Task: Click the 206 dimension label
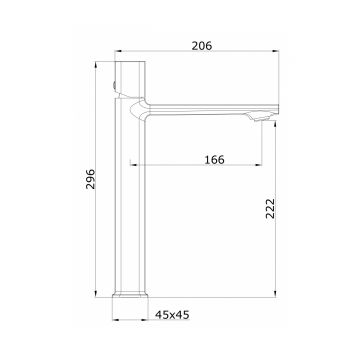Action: click(x=202, y=46)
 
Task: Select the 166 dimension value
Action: click(x=214, y=160)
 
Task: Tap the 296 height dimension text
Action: click(x=90, y=179)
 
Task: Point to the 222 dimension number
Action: click(x=270, y=208)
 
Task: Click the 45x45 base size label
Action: click(x=172, y=315)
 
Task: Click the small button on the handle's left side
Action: click(x=114, y=86)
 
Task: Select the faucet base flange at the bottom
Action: click(x=130, y=295)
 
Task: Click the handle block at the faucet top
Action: click(x=130, y=79)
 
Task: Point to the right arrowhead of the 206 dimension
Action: click(x=276, y=51)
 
